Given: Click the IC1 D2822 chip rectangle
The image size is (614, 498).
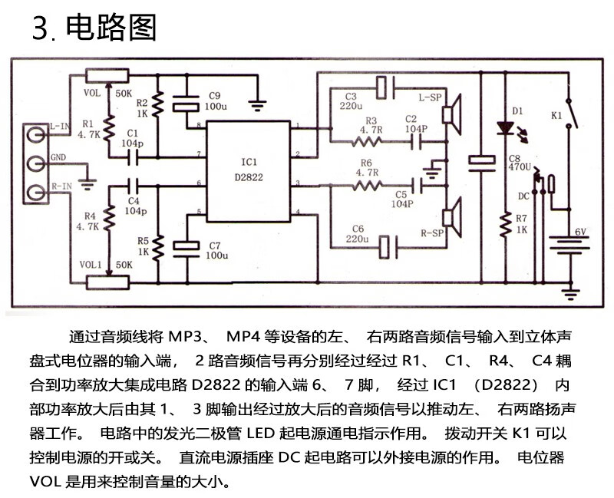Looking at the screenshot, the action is [249, 171].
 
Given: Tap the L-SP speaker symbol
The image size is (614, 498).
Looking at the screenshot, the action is [451, 114].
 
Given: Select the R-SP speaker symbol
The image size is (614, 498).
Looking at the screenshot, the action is [451, 218].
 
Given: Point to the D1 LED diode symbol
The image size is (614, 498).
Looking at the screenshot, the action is [506, 127].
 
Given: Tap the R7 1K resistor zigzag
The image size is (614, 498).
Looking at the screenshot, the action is [506, 224].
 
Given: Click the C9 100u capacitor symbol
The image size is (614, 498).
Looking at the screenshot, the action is [186, 104].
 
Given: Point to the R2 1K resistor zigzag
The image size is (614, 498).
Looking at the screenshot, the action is [158, 104].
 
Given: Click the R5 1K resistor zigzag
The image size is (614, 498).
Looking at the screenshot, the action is [158, 248].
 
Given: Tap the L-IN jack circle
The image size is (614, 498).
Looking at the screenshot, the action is [36, 135].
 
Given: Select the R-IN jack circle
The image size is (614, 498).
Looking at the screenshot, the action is [36, 193].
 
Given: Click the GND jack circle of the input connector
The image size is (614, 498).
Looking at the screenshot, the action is [36, 163].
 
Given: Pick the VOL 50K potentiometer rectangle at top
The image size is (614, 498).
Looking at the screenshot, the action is [107, 76].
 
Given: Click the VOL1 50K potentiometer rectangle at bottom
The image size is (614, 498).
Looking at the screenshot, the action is [107, 282].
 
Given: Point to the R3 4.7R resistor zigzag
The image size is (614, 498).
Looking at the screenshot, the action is [367, 141].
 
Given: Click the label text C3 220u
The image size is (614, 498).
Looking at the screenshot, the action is [352, 101].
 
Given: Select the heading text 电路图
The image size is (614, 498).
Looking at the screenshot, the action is [111, 28].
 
